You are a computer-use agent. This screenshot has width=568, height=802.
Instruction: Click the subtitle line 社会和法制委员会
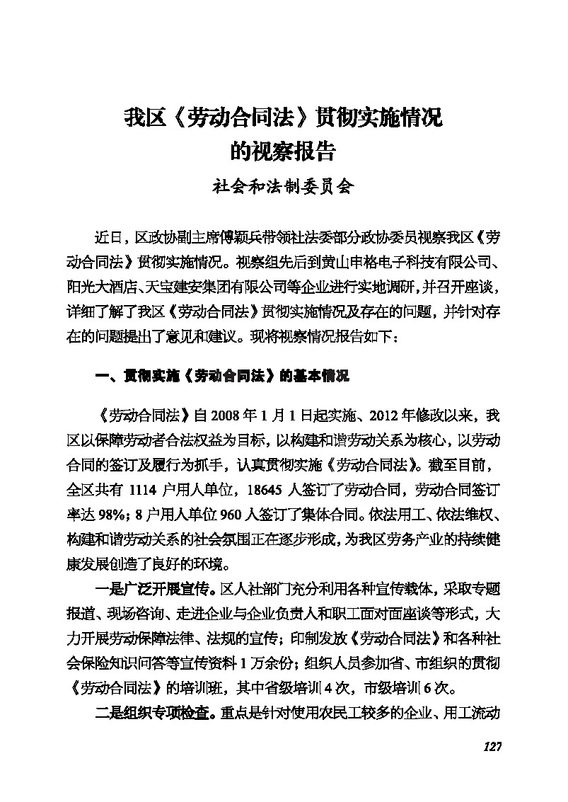click(283, 187)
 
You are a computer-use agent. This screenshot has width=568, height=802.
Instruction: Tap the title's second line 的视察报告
click(283, 151)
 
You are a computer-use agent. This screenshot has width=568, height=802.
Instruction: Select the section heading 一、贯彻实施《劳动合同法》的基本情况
click(223, 377)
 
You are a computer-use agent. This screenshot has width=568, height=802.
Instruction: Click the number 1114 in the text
click(147, 488)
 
